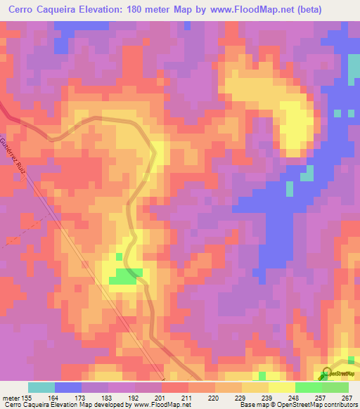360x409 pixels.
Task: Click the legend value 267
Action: (347, 397)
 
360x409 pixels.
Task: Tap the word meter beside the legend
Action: (11, 397)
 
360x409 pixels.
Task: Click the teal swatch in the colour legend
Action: (41, 387)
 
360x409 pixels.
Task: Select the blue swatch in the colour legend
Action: (68, 387)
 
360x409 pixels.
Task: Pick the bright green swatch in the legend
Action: (309, 387)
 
